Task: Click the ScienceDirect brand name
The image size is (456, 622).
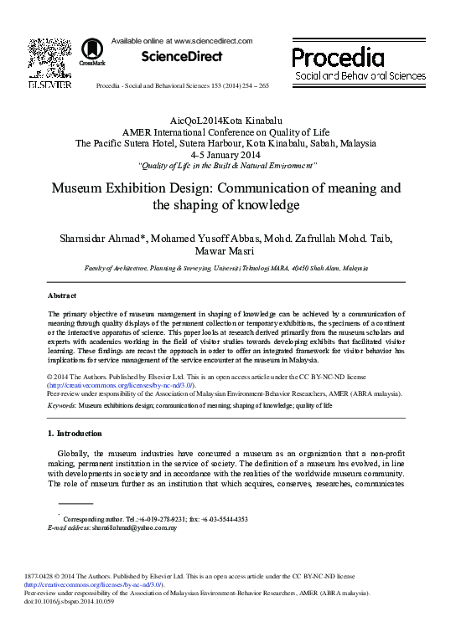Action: [x=183, y=57]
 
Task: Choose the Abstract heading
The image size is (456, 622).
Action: [x=62, y=296]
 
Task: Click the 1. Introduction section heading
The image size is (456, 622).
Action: [x=75, y=434]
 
